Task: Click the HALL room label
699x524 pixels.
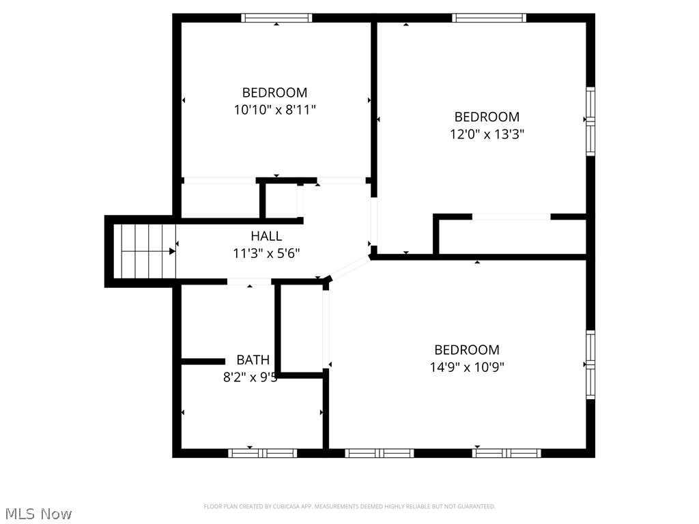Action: click(266, 236)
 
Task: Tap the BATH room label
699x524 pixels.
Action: click(253, 360)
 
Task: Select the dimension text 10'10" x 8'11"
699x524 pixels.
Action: click(275, 109)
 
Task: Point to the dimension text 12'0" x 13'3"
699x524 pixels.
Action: click(487, 134)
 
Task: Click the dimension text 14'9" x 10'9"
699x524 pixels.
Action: click(467, 367)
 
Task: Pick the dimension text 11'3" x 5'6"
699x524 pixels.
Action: click(266, 253)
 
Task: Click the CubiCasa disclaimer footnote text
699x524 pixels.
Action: click(349, 506)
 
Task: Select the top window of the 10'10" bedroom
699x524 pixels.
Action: click(276, 18)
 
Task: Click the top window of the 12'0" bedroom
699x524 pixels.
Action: click(489, 18)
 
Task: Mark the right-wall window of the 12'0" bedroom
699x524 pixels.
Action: click(590, 121)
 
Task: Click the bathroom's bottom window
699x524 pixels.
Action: click(263, 453)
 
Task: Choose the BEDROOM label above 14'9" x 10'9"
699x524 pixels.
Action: click(467, 350)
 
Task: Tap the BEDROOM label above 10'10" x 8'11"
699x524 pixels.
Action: click(275, 92)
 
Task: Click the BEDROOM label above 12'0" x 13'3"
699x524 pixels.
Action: click(487, 117)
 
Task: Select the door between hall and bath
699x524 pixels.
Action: click(249, 282)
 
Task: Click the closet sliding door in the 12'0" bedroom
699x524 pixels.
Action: click(511, 217)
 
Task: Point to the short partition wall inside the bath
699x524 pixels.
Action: click(203, 361)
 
